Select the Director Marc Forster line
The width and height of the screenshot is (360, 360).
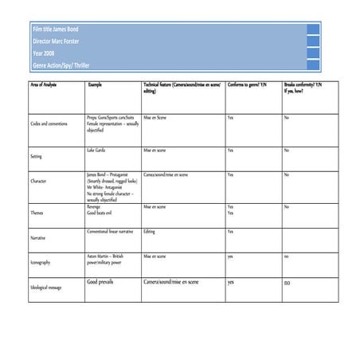pos(57,41)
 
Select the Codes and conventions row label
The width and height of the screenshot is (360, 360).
pos(49,126)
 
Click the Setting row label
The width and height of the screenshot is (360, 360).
pos(36,157)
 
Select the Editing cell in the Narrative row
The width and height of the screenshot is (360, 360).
pos(149,232)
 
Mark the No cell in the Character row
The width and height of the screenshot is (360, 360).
pos(287,174)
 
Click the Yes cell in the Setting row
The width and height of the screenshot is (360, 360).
pos(230,150)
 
